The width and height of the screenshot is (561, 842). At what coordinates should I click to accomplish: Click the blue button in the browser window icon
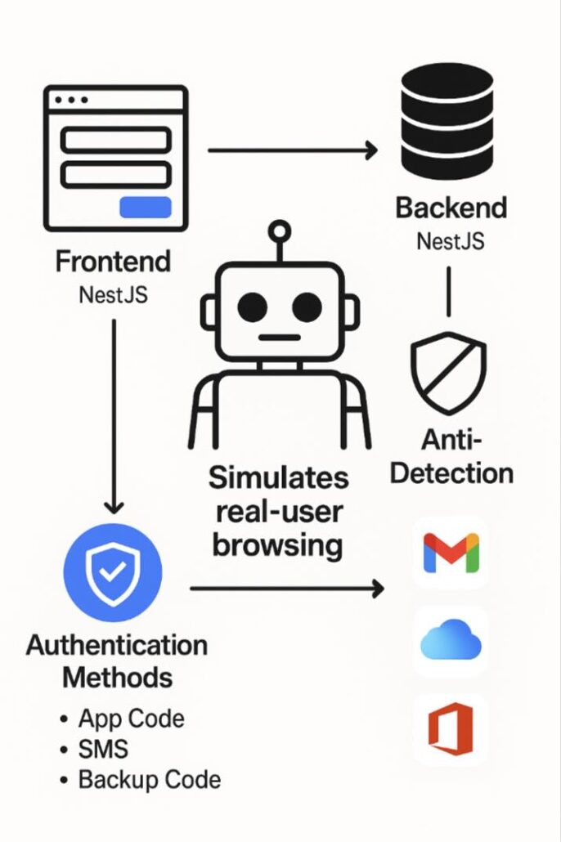[x=146, y=208]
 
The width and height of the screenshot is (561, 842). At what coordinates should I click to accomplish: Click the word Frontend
[x=113, y=262]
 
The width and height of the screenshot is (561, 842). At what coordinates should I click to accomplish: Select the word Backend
[x=451, y=208]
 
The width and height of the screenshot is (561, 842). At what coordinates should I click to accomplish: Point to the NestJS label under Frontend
[x=113, y=294]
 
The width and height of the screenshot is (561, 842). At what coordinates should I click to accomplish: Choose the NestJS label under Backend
[x=451, y=241]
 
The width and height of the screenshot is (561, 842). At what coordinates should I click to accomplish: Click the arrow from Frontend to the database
[x=293, y=150]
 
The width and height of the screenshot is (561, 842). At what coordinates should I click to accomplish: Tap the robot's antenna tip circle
[x=280, y=231]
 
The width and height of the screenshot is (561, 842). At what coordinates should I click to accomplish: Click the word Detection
[x=451, y=473]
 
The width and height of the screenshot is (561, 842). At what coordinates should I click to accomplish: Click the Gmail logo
[x=451, y=553]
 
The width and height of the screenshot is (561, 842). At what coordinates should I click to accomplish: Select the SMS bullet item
[x=103, y=749]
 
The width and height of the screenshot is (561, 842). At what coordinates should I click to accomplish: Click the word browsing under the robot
[x=277, y=544]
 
